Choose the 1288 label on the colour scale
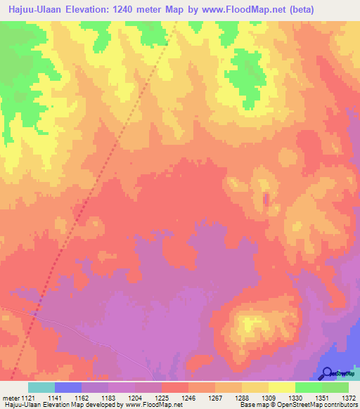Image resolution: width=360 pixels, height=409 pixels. pyautogui.click(x=241, y=398)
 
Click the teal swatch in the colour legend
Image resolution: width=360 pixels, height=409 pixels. pyautogui.click(x=41, y=387)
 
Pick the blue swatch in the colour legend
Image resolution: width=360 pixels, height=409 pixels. pyautogui.click(x=67, y=387)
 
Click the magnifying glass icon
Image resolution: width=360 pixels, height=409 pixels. pyautogui.click(x=328, y=372)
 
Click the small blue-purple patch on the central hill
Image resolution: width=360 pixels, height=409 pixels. pyautogui.click(x=266, y=200)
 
